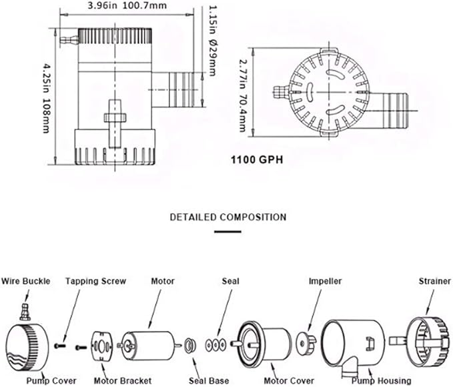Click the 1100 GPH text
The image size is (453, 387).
tap(257, 159)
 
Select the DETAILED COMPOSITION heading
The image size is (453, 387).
tap(228, 217)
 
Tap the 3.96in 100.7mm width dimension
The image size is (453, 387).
tap(127, 5)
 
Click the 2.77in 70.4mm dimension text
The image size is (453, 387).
tap(244, 95)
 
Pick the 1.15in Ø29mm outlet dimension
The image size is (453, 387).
tap(212, 41)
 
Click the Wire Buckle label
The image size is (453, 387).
tap(26, 281)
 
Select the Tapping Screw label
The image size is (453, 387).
tap(95, 281)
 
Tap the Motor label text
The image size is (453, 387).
tap(163, 281)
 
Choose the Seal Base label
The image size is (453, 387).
tap(209, 380)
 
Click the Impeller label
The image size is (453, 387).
tap(325, 281)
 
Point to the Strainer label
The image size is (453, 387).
tap(435, 281)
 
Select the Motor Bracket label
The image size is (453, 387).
tap(123, 380)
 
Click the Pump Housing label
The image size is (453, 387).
tap(382, 380)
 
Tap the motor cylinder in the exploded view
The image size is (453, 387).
tap(148, 345)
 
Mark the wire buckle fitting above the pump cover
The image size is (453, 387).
tap(25, 312)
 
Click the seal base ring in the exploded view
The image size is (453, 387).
tap(190, 346)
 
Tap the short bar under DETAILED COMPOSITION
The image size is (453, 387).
tap(228, 232)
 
